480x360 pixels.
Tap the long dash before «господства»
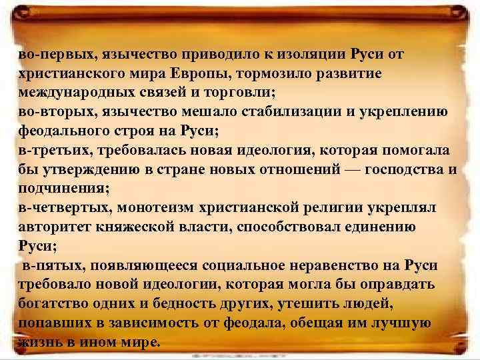point(353,169)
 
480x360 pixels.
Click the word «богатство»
point(55,305)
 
